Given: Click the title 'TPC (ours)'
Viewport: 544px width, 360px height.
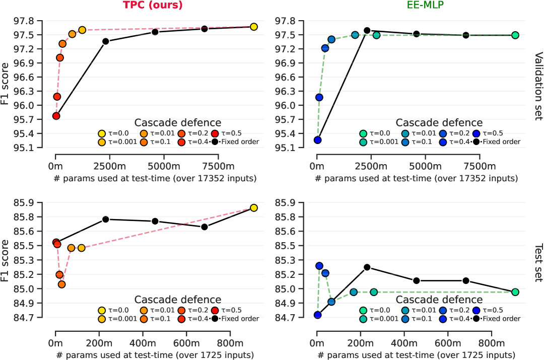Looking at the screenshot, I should (x=153, y=6).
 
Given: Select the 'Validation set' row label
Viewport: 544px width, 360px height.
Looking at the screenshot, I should (x=537, y=86).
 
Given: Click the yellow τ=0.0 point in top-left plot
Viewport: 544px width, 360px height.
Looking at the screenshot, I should (x=253, y=27).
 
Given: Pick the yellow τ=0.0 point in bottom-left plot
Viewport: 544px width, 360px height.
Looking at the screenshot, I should (x=253, y=208).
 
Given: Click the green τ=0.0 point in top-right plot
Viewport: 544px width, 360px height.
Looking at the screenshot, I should (x=515, y=35).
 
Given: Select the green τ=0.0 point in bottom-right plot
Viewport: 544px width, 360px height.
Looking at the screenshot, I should (x=515, y=292).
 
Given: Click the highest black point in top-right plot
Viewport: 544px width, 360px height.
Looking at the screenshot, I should (x=367, y=31).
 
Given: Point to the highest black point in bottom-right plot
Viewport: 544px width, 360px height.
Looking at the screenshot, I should (x=367, y=267).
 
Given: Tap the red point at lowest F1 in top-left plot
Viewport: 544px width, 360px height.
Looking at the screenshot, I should (x=56, y=116).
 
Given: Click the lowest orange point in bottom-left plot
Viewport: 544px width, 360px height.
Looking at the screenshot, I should (x=61, y=284).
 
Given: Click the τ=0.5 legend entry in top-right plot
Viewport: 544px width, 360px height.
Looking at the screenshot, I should (x=494, y=133).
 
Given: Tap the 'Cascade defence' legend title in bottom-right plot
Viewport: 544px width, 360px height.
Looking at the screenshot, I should (x=439, y=300).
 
